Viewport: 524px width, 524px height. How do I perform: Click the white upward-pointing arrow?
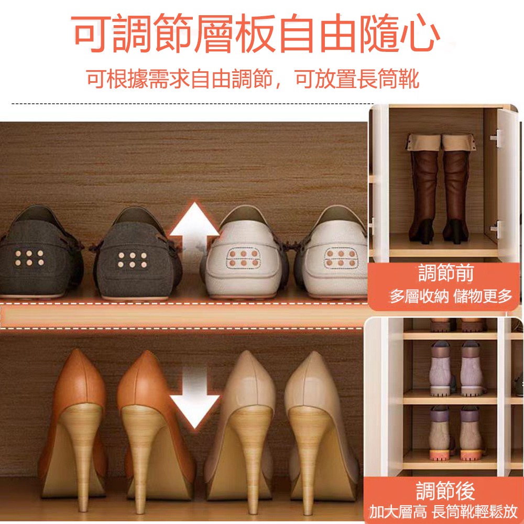(x=194, y=231)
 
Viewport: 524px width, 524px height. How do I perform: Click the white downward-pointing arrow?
(x=194, y=398)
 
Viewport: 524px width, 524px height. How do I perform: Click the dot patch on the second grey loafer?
(x=133, y=260)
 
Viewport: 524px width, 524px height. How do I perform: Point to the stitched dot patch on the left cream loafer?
(x=243, y=258)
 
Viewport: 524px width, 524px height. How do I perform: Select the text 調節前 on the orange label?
(x=446, y=273)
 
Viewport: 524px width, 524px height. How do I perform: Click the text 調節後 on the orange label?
(x=445, y=490)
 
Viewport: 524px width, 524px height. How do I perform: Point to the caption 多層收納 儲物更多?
(x=451, y=296)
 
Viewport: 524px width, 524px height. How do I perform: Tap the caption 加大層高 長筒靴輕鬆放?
(x=443, y=511)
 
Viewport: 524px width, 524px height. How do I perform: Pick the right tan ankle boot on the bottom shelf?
(x=471, y=433)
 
